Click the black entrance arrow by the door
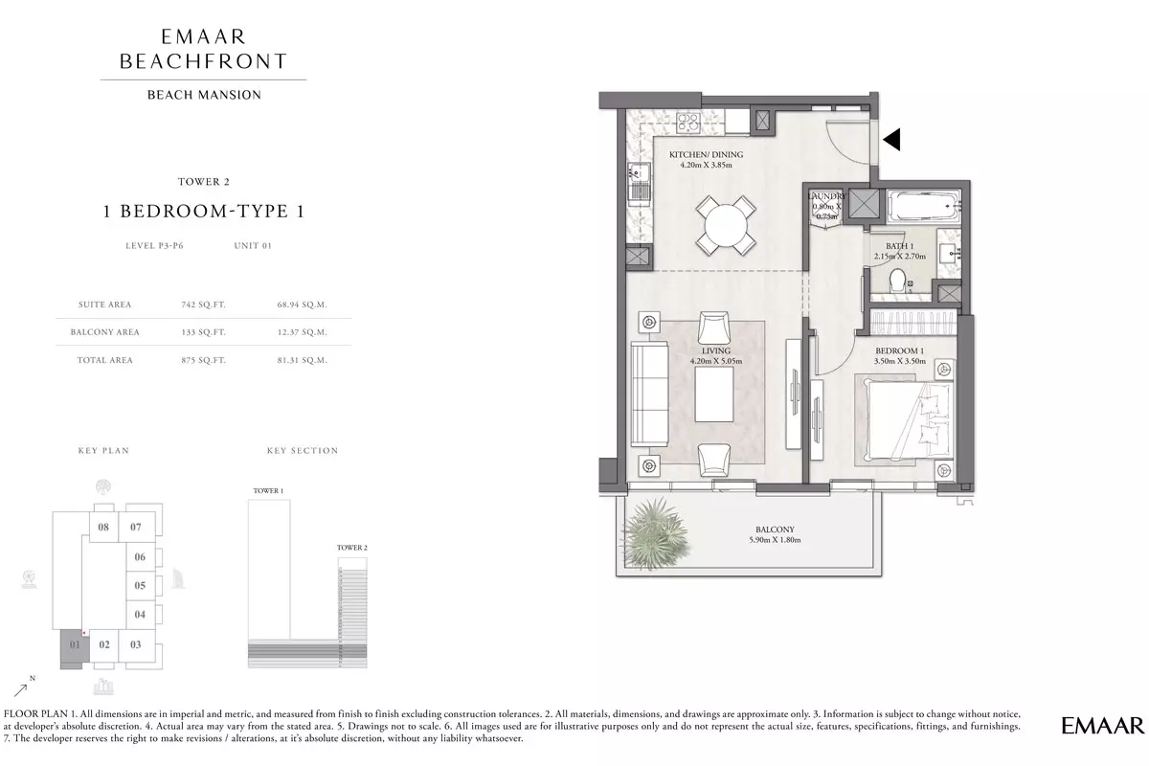pyautogui.click(x=891, y=139)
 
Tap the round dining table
pyautogui.click(x=726, y=226)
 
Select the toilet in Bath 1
pyautogui.click(x=897, y=281)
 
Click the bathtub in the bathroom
pyautogui.click(x=923, y=206)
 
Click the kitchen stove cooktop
pyautogui.click(x=687, y=124)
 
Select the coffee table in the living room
pyautogui.click(x=714, y=395)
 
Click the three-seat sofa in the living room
pyautogui.click(x=649, y=394)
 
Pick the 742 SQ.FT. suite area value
pyautogui.click(x=203, y=304)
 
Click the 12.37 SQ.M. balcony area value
pyautogui.click(x=303, y=332)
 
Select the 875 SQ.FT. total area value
pyautogui.click(x=203, y=360)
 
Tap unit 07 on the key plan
pyautogui.click(x=136, y=527)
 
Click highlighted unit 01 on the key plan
pyautogui.click(x=75, y=645)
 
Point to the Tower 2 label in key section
pyautogui.click(x=352, y=548)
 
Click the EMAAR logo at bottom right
pyautogui.click(x=1102, y=726)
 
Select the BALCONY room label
pyautogui.click(x=775, y=529)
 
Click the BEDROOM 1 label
pyautogui.click(x=900, y=351)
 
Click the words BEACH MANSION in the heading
pyautogui.click(x=204, y=95)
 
